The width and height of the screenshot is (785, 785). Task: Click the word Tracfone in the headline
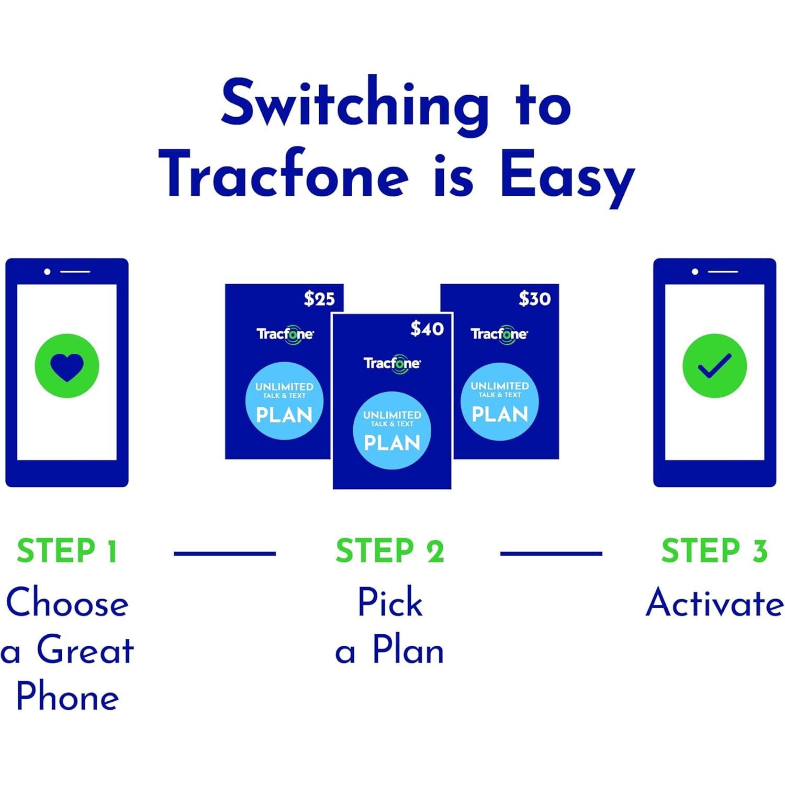click(283, 173)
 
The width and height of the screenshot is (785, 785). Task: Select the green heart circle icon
click(67, 366)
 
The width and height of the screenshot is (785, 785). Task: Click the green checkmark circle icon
click(714, 366)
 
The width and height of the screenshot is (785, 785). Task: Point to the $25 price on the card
click(319, 299)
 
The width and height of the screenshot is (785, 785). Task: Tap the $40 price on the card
click(427, 329)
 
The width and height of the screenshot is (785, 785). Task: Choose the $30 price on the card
click(535, 299)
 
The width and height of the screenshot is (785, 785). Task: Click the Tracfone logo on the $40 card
click(392, 364)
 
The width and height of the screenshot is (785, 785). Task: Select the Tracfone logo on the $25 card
click(285, 334)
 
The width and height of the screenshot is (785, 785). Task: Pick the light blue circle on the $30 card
click(500, 401)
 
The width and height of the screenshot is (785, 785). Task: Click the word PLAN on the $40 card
click(392, 443)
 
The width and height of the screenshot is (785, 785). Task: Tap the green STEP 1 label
click(67, 551)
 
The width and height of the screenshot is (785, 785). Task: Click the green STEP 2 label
click(390, 551)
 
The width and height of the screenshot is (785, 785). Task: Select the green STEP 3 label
click(714, 551)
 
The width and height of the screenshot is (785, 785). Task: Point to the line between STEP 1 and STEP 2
click(225, 553)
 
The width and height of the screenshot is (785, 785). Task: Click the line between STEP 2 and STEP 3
click(552, 553)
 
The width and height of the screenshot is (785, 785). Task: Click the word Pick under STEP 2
click(390, 602)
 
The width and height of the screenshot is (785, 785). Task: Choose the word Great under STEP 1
click(85, 650)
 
